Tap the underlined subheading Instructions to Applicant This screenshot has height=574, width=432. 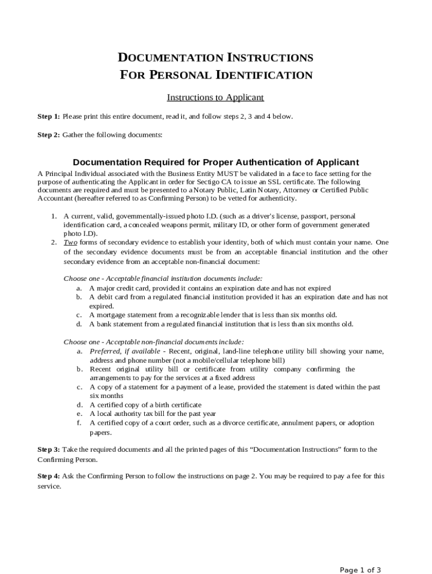(x=215, y=98)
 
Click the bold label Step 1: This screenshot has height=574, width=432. (x=49, y=117)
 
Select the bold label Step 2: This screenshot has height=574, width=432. (x=49, y=135)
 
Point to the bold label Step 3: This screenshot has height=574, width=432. (x=49, y=450)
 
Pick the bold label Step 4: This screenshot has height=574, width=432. (x=49, y=476)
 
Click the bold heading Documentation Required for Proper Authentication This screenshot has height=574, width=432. (x=215, y=163)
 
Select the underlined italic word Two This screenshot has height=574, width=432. (x=70, y=243)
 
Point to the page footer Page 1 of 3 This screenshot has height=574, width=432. (x=361, y=571)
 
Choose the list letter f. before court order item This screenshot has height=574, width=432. (x=79, y=423)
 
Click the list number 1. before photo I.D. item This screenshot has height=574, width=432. (x=54, y=216)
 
